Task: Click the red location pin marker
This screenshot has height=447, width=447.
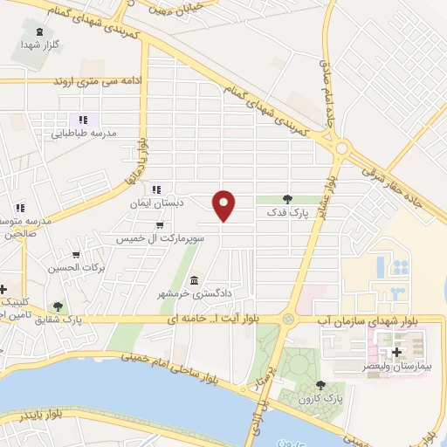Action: coord(225,204)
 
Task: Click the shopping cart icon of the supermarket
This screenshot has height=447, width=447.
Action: coord(158,223)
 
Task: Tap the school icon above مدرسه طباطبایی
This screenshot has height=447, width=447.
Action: coord(83,120)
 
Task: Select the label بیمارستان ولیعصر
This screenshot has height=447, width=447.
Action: coord(402,368)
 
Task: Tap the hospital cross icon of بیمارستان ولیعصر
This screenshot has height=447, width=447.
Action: coord(398,352)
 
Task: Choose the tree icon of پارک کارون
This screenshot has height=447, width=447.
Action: coord(320,384)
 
